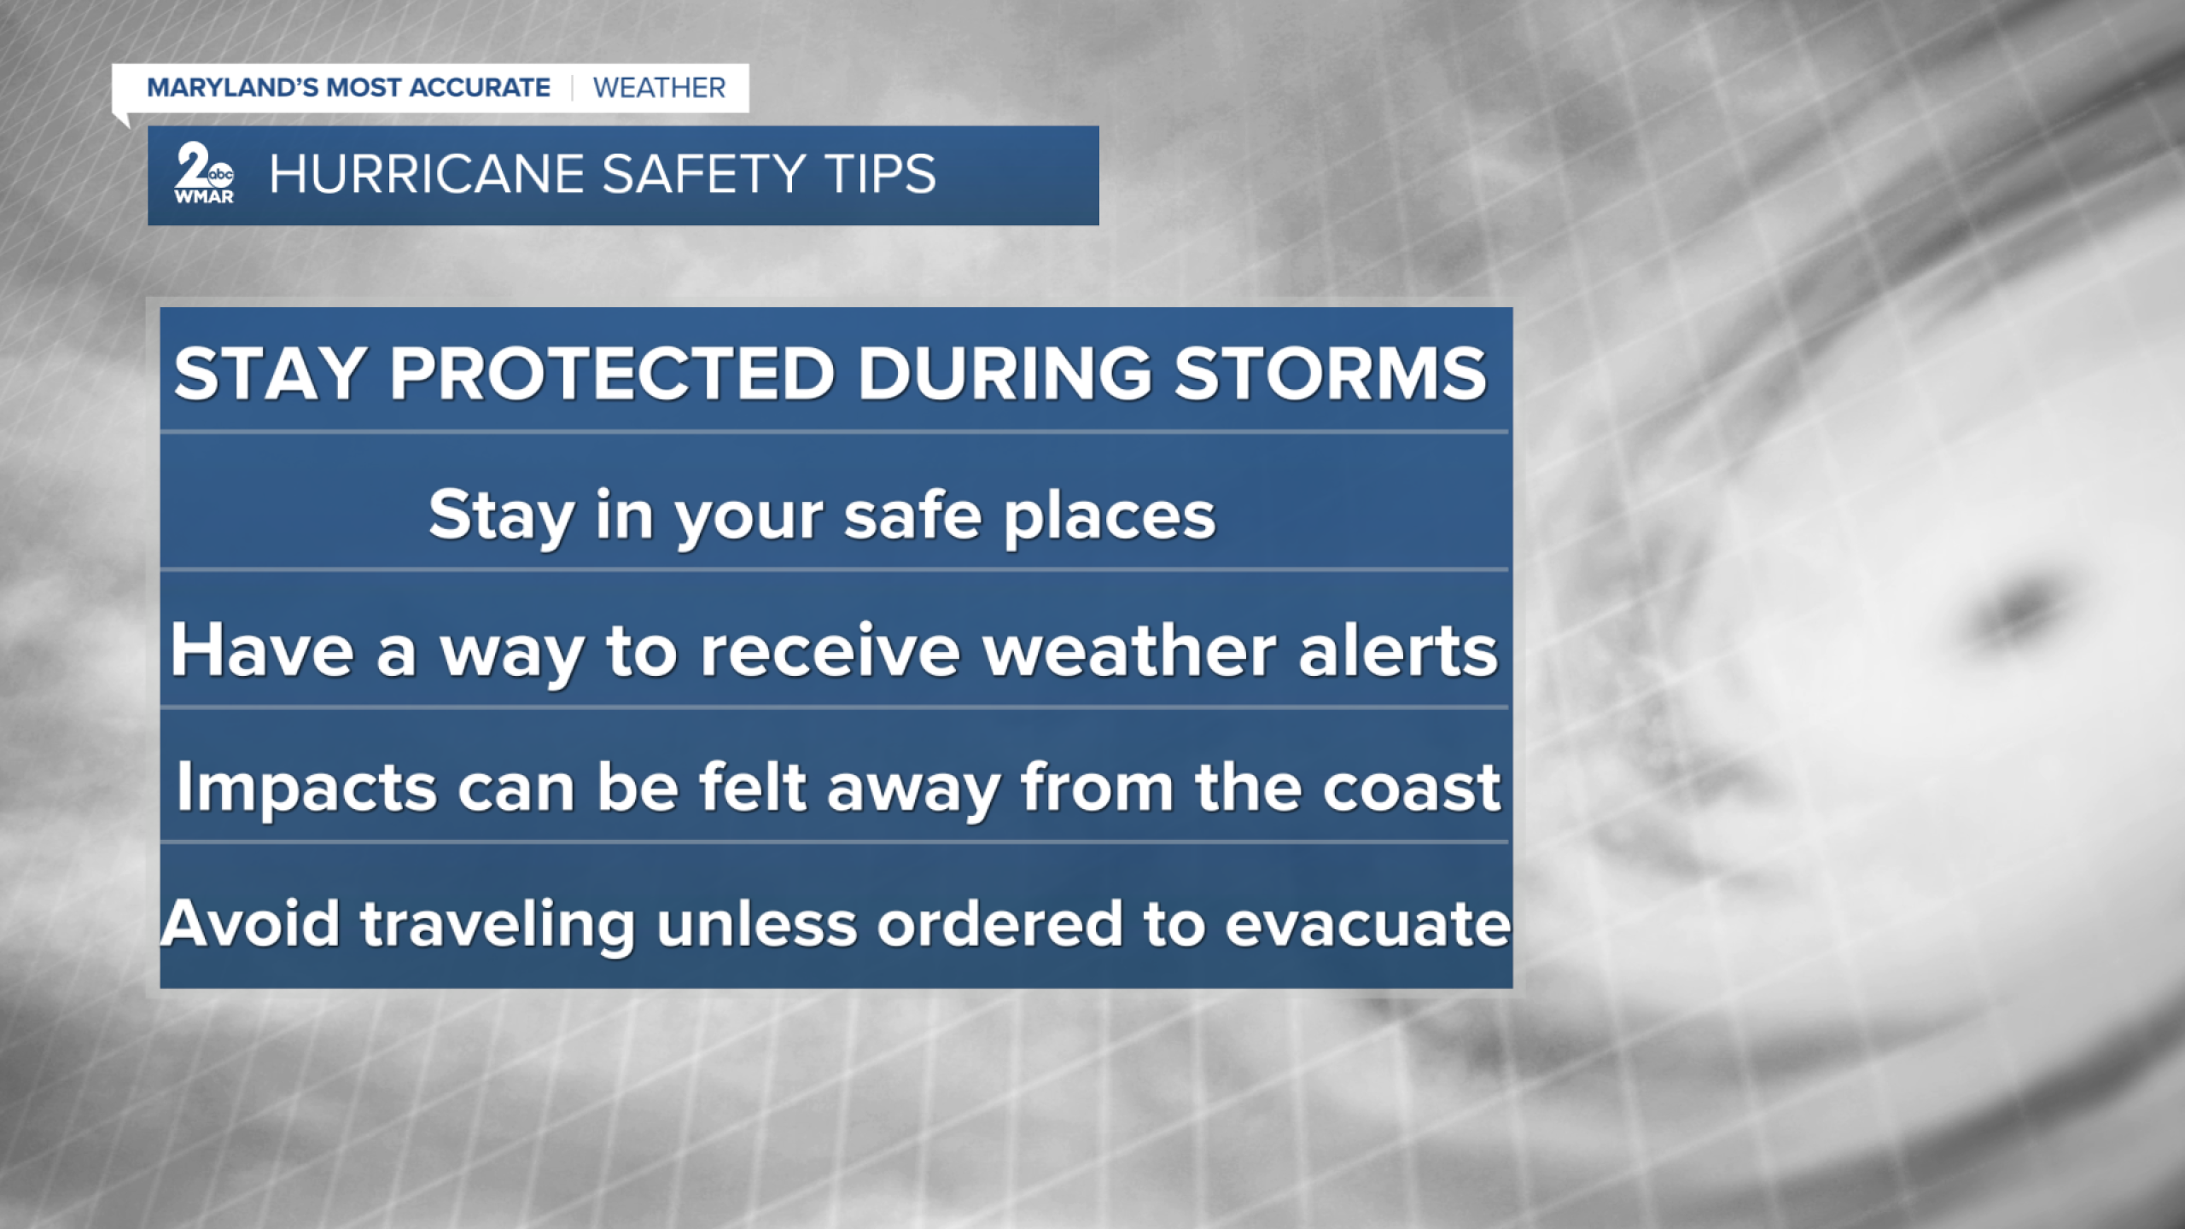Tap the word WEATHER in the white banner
(659, 88)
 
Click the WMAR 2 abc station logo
(204, 174)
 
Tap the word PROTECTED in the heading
(611, 374)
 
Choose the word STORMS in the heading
(1330, 374)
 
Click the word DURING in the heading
(1004, 374)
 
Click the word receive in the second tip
(829, 651)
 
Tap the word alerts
(1398, 651)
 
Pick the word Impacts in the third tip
(306, 788)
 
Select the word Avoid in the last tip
(251, 923)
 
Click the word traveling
(498, 925)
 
